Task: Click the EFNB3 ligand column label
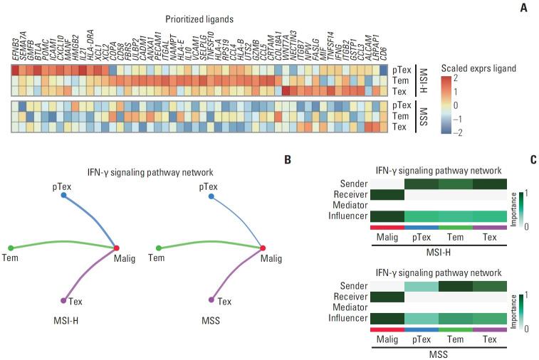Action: (16, 52)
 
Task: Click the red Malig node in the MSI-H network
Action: (116, 248)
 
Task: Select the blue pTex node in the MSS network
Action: (211, 196)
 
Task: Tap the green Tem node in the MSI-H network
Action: (11, 248)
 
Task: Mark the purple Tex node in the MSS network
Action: (211, 300)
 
